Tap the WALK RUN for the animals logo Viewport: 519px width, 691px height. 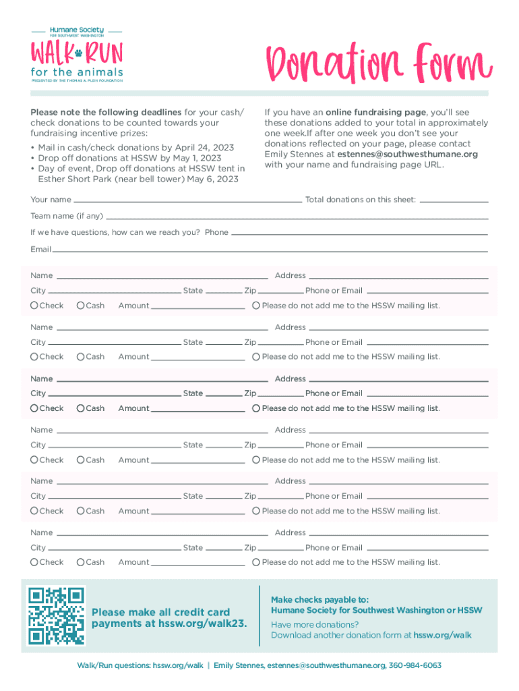point(76,55)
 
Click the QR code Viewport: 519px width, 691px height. point(56,615)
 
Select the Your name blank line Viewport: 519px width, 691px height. point(187,200)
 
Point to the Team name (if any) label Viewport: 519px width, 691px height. point(67,216)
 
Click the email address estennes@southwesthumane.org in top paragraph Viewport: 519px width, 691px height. point(408,154)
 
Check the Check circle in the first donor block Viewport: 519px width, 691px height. point(34,306)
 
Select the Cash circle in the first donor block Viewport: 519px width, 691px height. point(81,306)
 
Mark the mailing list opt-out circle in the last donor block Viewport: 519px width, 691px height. point(256,562)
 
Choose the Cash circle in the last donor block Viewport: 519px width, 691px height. point(81,562)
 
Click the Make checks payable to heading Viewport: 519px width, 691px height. point(319,599)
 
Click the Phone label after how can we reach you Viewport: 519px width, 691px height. point(216,232)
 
